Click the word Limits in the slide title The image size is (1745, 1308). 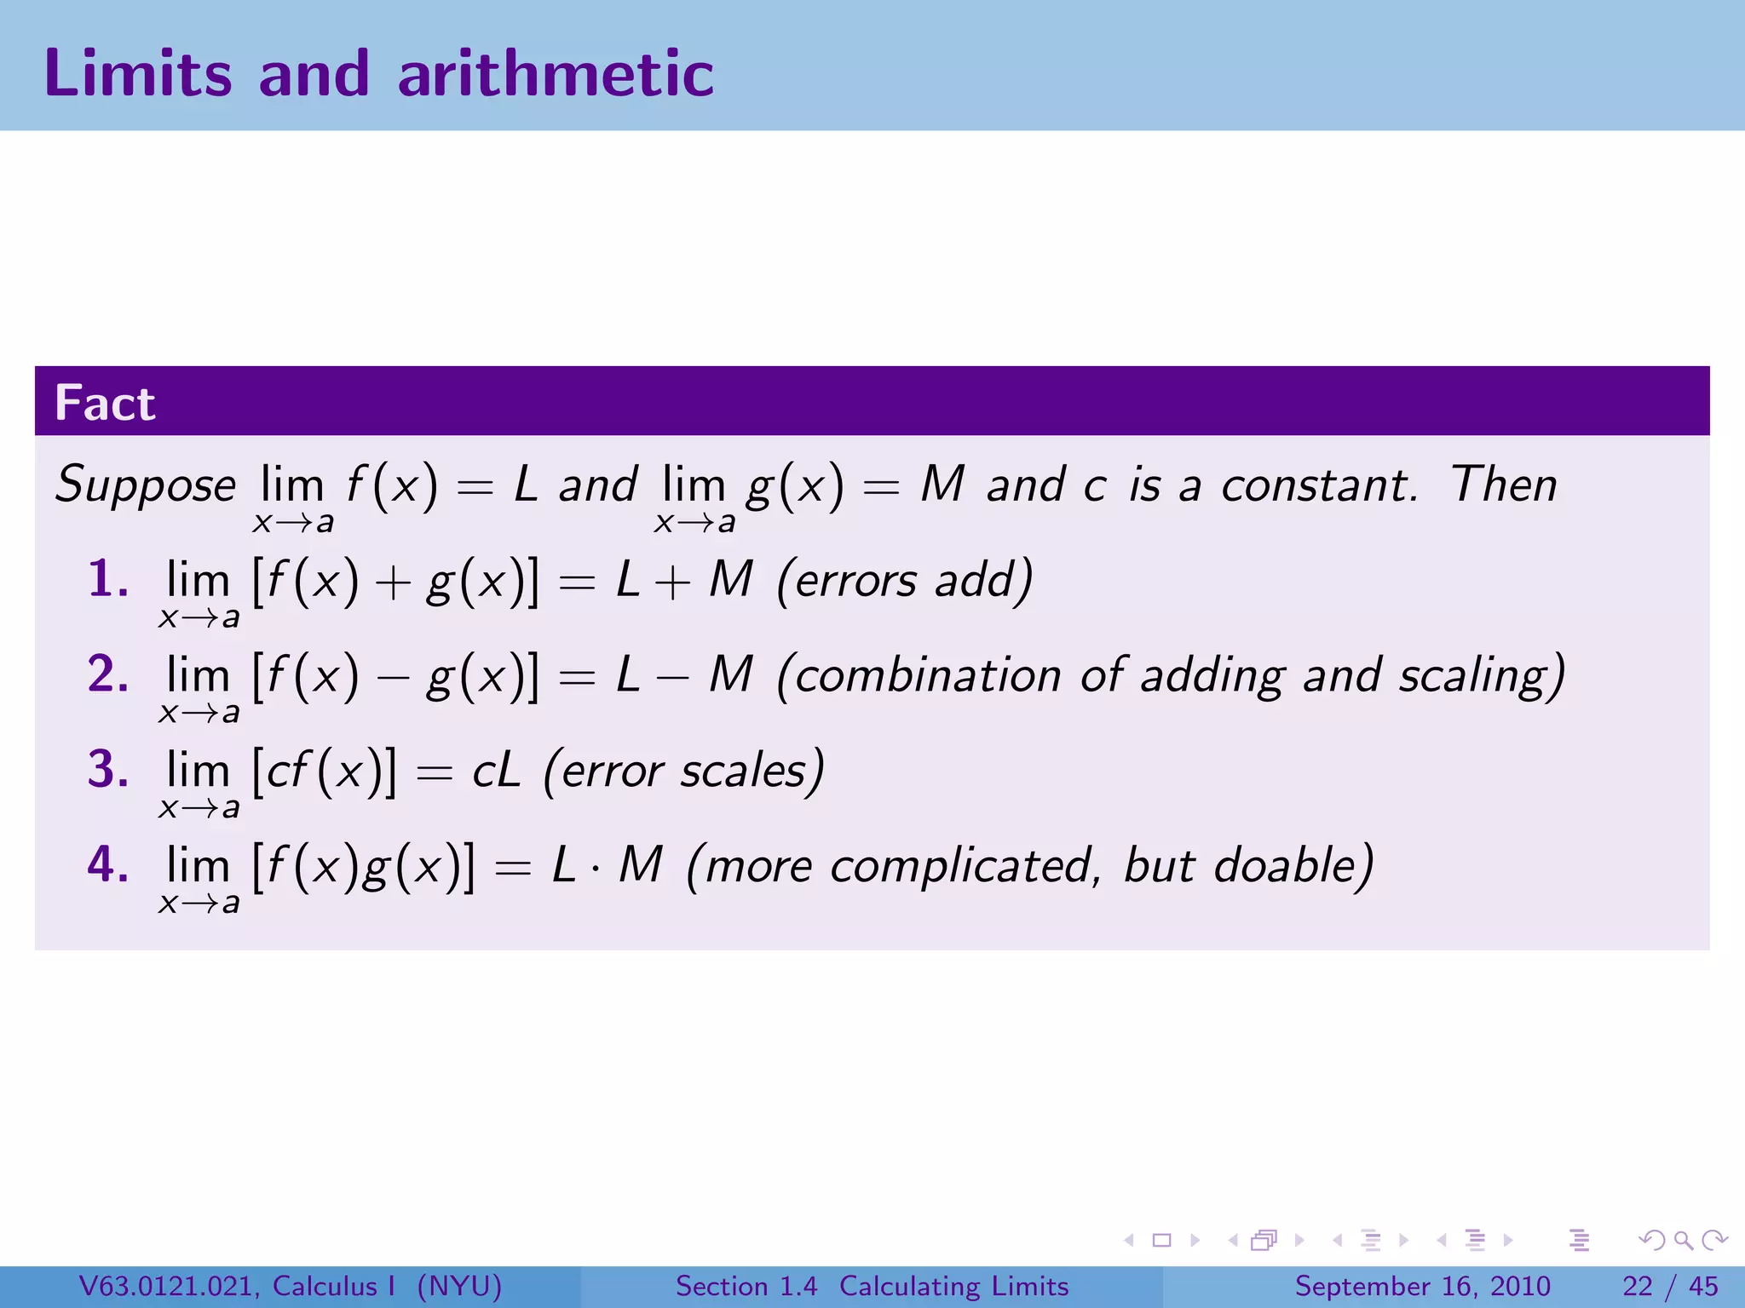click(x=137, y=74)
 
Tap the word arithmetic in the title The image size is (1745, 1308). click(x=556, y=74)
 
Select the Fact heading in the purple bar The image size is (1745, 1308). click(x=105, y=403)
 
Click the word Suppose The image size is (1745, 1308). click(x=145, y=486)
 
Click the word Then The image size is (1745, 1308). click(x=1504, y=485)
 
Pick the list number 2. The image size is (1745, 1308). click(x=107, y=674)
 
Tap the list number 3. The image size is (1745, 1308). click(x=107, y=770)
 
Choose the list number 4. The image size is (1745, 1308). click(x=107, y=864)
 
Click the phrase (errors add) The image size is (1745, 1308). click(x=905, y=581)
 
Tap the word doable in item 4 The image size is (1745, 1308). click(x=1293, y=866)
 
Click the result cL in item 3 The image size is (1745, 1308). click(x=496, y=772)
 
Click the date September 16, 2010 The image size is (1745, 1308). click(x=1422, y=1286)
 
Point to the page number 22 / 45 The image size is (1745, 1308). click(x=1670, y=1286)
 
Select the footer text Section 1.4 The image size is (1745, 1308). click(x=746, y=1286)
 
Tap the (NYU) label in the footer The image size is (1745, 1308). click(x=459, y=1286)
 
